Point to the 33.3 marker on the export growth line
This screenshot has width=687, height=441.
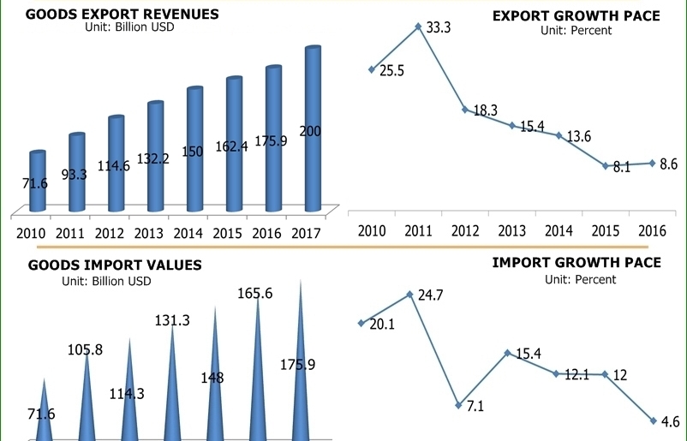pyautogui.click(x=418, y=27)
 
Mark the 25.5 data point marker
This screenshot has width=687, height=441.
pyautogui.click(x=371, y=69)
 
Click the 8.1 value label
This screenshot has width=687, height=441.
pyautogui.click(x=621, y=167)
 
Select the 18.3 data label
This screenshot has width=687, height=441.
pyautogui.click(x=485, y=110)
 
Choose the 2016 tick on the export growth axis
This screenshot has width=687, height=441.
pyautogui.click(x=653, y=231)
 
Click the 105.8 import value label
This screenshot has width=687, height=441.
pyautogui.click(x=86, y=349)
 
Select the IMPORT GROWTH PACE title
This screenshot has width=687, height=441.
pyautogui.click(x=576, y=263)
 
